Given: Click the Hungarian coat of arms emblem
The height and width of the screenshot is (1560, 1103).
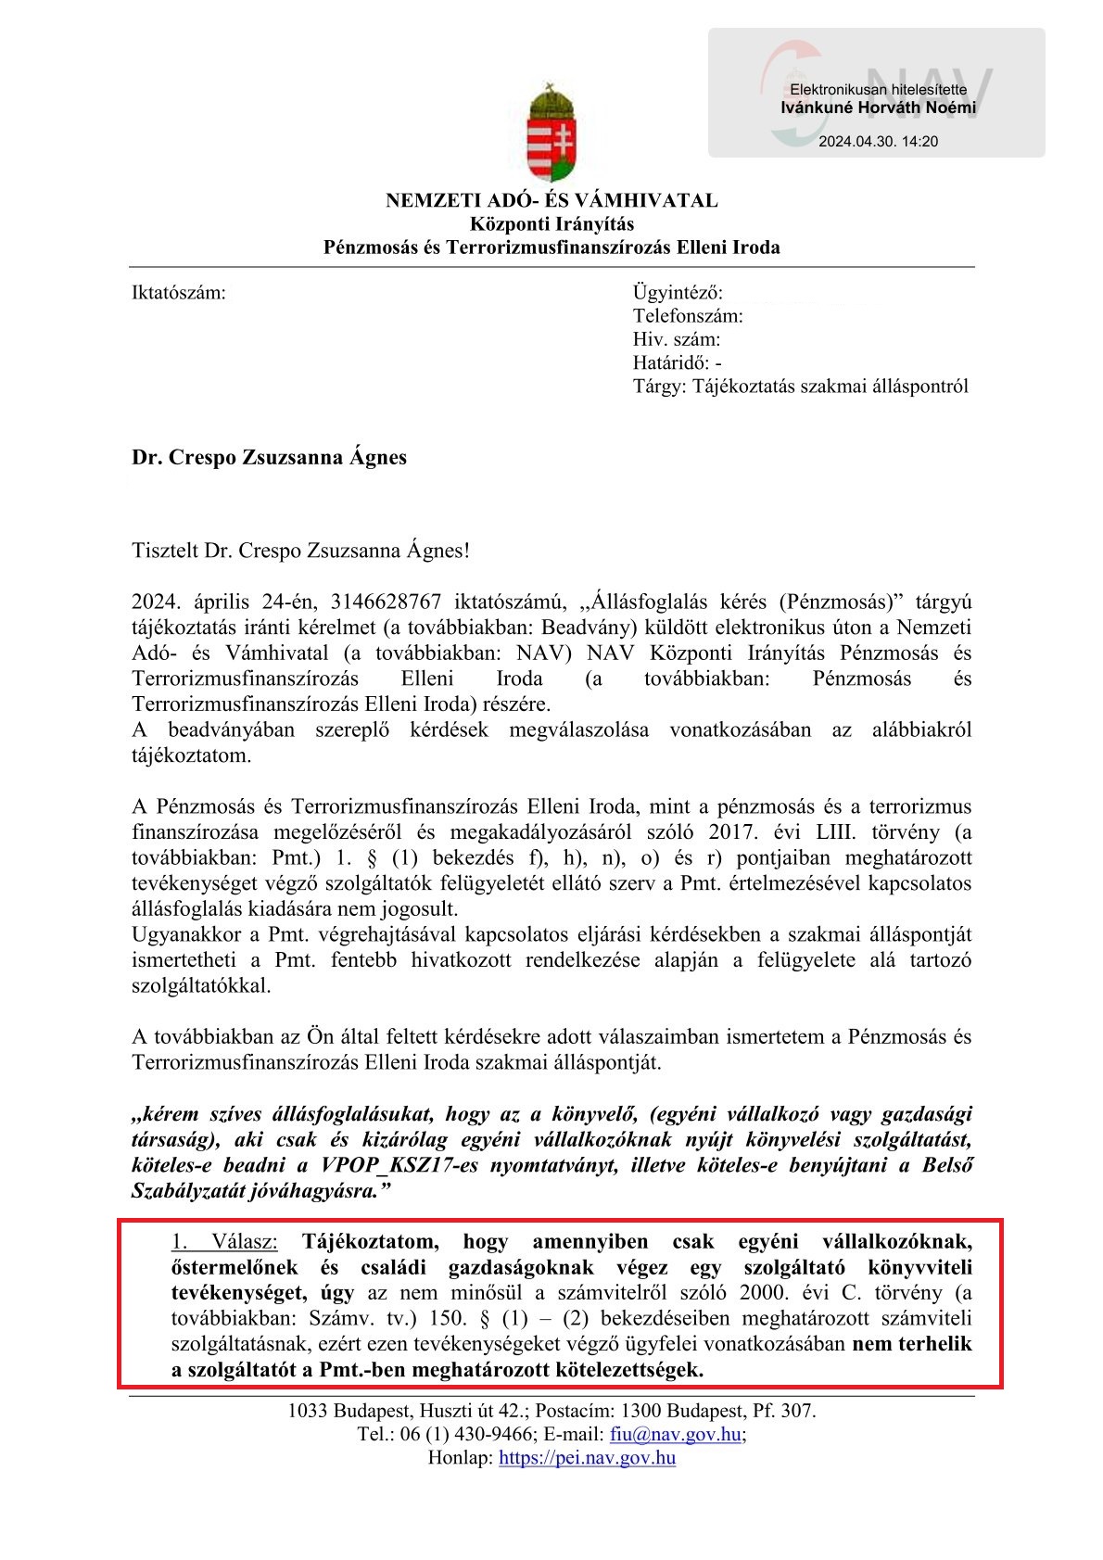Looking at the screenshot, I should point(551,133).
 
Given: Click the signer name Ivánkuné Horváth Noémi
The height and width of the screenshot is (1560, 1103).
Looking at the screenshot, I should point(877,108).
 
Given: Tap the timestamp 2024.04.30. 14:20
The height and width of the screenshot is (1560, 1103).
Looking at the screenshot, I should point(878,142).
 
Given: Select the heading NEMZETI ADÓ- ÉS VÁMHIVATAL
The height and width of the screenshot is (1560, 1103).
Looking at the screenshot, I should point(551,200).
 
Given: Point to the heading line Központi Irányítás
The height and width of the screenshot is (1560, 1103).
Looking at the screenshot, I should point(551,223).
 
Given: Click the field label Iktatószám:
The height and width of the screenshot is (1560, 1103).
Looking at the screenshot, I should point(178,293).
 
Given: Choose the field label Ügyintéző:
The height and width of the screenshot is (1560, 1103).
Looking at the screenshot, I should point(678,293).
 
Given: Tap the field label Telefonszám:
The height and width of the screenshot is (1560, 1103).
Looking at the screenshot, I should point(688,316).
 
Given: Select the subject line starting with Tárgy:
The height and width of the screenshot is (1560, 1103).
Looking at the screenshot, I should point(800,386).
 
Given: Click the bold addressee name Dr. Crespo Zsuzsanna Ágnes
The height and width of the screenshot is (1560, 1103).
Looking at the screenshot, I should point(269,457).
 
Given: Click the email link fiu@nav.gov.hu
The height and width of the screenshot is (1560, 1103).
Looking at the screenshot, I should point(676,1434).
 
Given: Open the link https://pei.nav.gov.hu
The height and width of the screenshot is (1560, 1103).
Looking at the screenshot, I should point(587,1457).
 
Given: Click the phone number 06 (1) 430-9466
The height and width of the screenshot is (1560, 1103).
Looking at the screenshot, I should point(467,1434).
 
